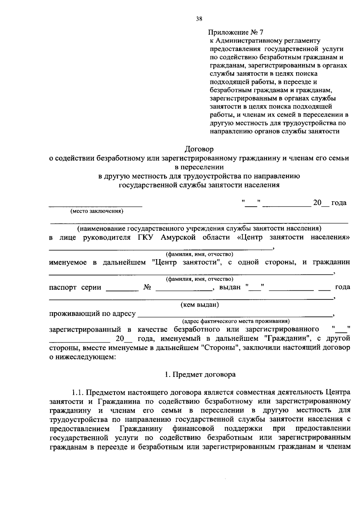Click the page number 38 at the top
click(x=199, y=19)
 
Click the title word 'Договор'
click(x=199, y=149)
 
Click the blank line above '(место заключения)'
click(x=95, y=205)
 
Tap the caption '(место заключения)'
click(x=97, y=211)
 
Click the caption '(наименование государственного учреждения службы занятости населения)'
click(x=199, y=229)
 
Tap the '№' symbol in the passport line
click(x=147, y=287)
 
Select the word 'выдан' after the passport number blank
click(x=230, y=287)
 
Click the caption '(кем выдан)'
click(x=199, y=305)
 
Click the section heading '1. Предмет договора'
click(x=200, y=375)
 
